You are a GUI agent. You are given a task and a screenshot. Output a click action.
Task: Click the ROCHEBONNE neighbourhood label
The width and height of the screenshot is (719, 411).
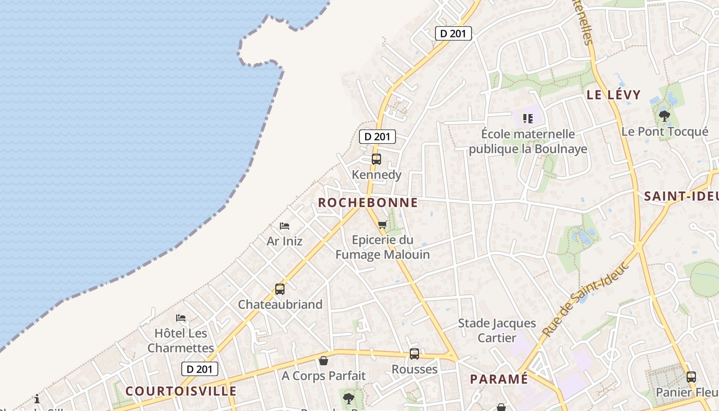pyautogui.click(x=368, y=202)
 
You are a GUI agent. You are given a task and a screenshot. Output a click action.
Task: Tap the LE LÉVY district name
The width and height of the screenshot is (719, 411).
pyautogui.click(x=614, y=95)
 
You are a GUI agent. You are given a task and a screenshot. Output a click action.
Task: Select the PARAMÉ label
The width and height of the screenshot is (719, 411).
pyautogui.click(x=499, y=379)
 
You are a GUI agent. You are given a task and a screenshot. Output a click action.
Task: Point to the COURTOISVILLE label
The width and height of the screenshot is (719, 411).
pyautogui.click(x=181, y=391)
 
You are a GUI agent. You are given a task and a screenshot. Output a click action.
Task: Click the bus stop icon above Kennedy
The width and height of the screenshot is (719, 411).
pyautogui.click(x=376, y=159)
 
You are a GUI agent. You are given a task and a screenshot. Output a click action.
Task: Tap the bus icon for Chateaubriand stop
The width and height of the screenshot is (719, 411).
pyautogui.click(x=279, y=289)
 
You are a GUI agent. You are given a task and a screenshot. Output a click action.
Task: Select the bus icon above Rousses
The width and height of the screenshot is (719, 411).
pyautogui.click(x=414, y=354)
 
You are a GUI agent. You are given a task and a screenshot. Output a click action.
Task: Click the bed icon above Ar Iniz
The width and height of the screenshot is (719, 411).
pyautogui.click(x=285, y=226)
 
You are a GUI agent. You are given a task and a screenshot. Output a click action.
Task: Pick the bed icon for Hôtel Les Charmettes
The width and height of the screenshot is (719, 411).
pyautogui.click(x=181, y=318)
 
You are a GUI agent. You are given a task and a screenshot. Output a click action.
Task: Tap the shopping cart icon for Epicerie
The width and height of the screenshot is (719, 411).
pyautogui.click(x=382, y=225)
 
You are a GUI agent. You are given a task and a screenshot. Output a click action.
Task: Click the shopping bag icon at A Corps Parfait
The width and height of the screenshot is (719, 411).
pyautogui.click(x=324, y=361)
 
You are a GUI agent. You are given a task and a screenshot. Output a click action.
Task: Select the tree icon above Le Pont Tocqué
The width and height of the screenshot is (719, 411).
pyautogui.click(x=665, y=116)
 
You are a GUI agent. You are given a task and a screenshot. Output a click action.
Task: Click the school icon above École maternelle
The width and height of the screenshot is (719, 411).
pyautogui.click(x=527, y=119)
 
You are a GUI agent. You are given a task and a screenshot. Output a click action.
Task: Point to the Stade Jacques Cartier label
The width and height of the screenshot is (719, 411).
pyautogui.click(x=497, y=330)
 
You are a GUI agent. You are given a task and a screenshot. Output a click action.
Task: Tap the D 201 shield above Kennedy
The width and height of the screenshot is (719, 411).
pyautogui.click(x=377, y=137)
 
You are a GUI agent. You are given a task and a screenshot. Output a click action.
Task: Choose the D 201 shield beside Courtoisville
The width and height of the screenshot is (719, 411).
pyautogui.click(x=200, y=369)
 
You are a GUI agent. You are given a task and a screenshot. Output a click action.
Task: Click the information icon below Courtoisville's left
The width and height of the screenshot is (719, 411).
pyautogui.click(x=37, y=399)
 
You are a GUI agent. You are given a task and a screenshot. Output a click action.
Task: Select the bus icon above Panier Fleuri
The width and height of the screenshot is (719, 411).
pyautogui.click(x=691, y=377)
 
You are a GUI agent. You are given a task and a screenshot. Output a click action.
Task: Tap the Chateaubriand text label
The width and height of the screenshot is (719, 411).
pyautogui.click(x=280, y=304)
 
